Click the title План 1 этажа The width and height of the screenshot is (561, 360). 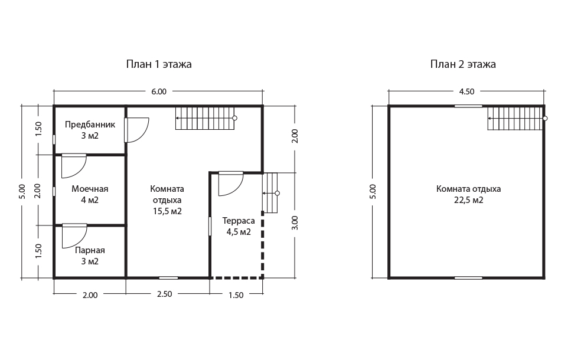(159, 64)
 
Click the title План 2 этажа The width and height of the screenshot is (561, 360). (463, 64)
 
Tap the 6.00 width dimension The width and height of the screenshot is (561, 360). (159, 91)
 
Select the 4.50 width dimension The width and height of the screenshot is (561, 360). (467, 91)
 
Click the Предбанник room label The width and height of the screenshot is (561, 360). (90, 125)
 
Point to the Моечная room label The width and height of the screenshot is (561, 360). (90, 189)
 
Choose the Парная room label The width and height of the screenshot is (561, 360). (90, 250)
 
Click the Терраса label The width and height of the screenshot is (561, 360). (239, 221)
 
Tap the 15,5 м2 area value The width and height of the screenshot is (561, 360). (168, 211)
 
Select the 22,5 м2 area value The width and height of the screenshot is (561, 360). (469, 200)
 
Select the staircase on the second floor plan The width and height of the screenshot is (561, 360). (517, 119)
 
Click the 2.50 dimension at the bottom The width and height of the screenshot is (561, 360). (165, 294)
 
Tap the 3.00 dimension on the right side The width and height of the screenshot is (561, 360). (295, 222)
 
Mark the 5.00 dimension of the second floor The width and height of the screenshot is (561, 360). (373, 192)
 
